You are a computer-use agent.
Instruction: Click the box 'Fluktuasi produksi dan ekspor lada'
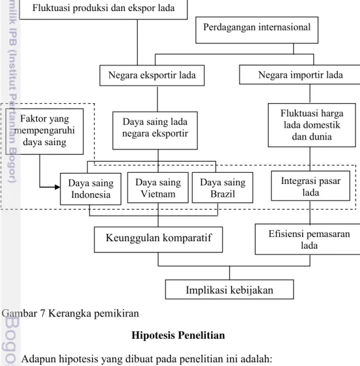(103, 9)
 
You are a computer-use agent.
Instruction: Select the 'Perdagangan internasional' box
(257, 30)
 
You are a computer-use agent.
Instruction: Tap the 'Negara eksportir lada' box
(152, 75)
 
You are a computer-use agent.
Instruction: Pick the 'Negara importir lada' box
(299, 75)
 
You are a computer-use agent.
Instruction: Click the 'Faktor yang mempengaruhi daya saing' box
(44, 131)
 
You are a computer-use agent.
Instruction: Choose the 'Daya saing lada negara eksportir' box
(155, 130)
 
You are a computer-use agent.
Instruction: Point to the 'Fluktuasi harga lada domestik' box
(312, 125)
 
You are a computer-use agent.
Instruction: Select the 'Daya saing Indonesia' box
(91, 189)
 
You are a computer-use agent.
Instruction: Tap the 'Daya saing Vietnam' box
(158, 188)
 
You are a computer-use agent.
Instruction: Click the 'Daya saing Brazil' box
(222, 188)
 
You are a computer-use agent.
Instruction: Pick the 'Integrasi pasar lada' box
(311, 186)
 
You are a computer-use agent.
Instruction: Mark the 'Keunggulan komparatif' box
(158, 239)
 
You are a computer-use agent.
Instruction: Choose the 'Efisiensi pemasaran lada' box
(308, 239)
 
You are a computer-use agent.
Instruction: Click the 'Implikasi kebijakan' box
(230, 289)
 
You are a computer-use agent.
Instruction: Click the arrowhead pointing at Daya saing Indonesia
(57, 187)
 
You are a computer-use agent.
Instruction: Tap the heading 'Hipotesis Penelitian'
(178, 335)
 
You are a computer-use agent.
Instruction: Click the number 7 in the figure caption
(42, 314)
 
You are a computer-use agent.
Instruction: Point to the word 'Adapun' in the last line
(38, 359)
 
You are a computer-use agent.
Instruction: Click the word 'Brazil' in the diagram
(222, 194)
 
